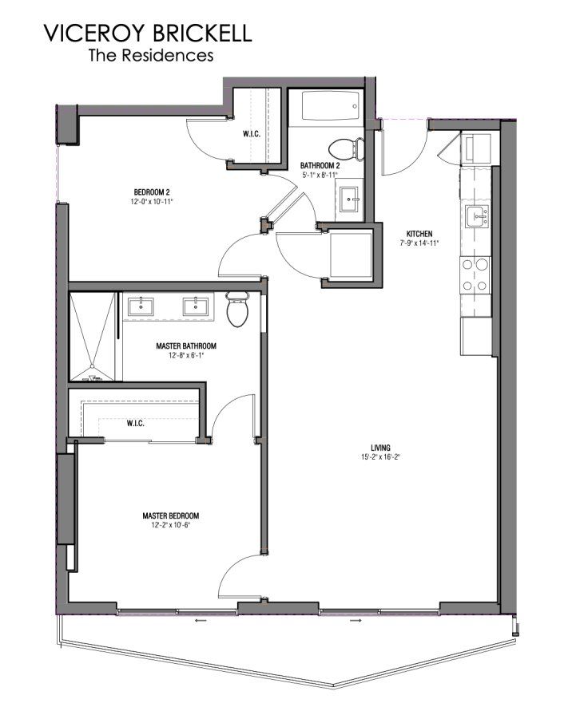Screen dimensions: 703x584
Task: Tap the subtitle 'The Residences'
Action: [x=150, y=56]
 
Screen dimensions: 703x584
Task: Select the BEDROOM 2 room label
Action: [x=152, y=192]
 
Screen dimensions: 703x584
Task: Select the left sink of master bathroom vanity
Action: [x=142, y=305]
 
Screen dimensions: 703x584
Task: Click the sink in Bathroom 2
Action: [x=348, y=199]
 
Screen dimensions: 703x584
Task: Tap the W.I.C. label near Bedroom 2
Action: [x=252, y=134]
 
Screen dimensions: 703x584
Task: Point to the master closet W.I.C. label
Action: [x=135, y=423]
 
